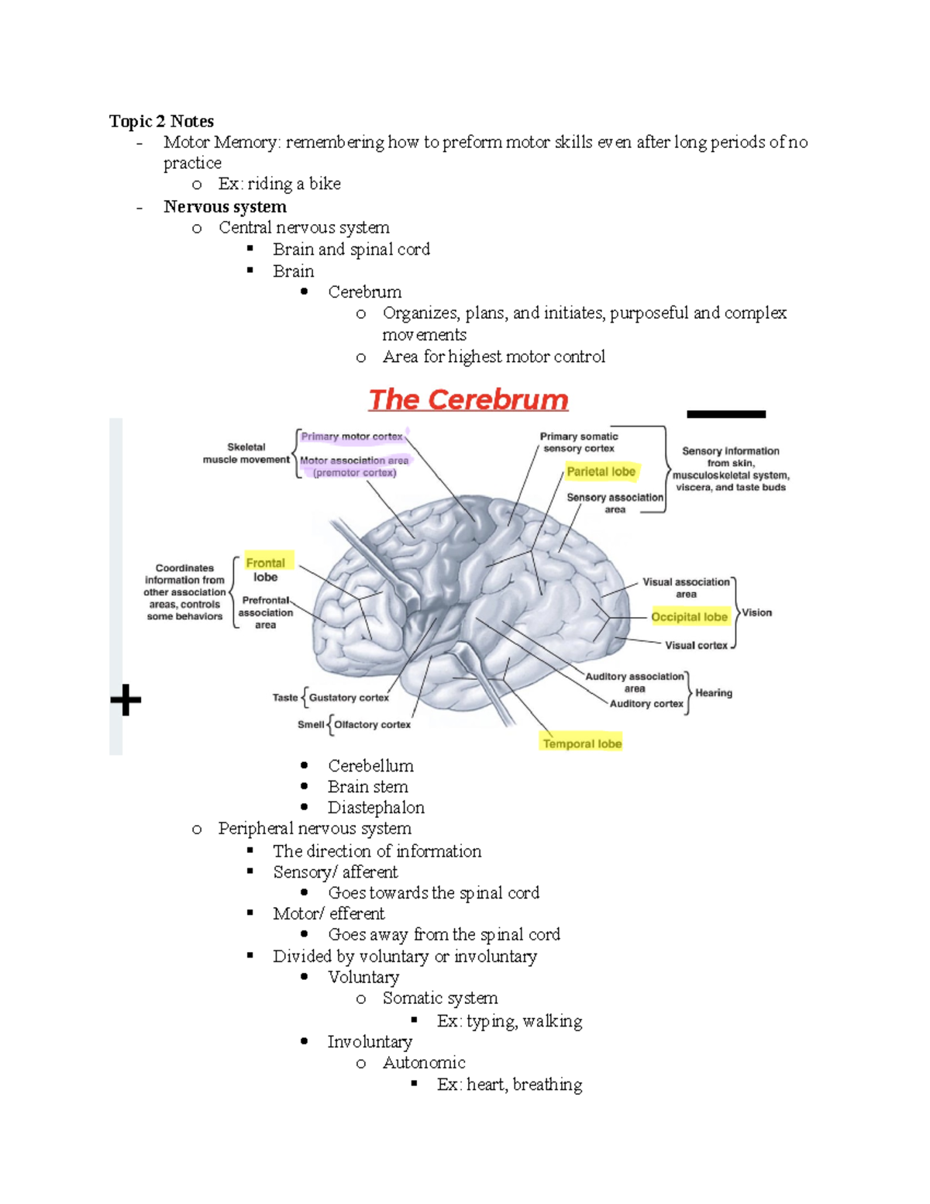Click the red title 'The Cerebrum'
pyautogui.click(x=468, y=400)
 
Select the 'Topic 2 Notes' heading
pyautogui.click(x=161, y=121)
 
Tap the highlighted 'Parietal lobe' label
pyautogui.click(x=601, y=471)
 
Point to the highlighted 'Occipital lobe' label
pyautogui.click(x=689, y=617)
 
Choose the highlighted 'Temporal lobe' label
pyautogui.click(x=582, y=743)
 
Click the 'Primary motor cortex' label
pyautogui.click(x=352, y=436)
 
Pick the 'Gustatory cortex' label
pyautogui.click(x=349, y=698)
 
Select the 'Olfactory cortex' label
pyautogui.click(x=372, y=725)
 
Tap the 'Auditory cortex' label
pyautogui.click(x=646, y=704)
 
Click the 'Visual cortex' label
pyautogui.click(x=696, y=645)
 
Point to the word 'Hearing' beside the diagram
pyautogui.click(x=714, y=693)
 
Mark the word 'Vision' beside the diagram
pyautogui.click(x=757, y=612)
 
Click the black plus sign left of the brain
pyautogui.click(x=126, y=700)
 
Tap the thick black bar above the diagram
pyautogui.click(x=726, y=414)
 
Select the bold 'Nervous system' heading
pyautogui.click(x=225, y=207)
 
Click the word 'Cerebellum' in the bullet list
pyautogui.click(x=370, y=766)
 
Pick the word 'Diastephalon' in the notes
pyautogui.click(x=376, y=808)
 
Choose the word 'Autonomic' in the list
pyautogui.click(x=424, y=1063)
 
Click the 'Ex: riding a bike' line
pyautogui.click(x=279, y=184)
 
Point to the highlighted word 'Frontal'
pyautogui.click(x=265, y=563)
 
